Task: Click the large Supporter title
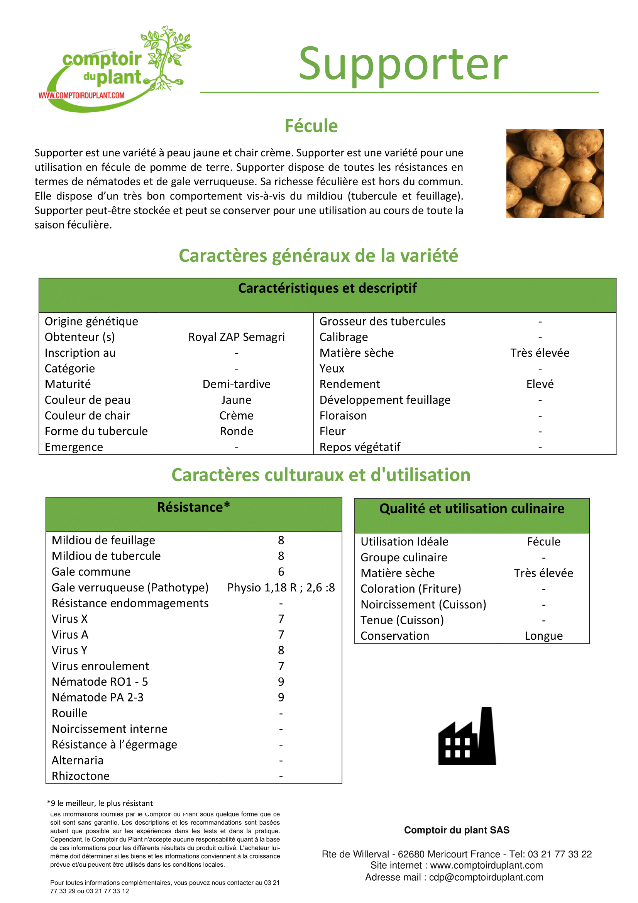click(x=403, y=64)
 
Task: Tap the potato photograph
click(x=555, y=173)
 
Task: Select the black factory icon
click(x=467, y=736)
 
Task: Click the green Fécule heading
click(x=311, y=126)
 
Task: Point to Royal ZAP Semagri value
click(x=236, y=337)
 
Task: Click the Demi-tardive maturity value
click(x=236, y=384)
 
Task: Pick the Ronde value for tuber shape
click(x=236, y=432)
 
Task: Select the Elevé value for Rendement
click(x=540, y=384)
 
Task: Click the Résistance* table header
click(x=193, y=508)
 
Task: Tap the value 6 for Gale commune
click(x=281, y=572)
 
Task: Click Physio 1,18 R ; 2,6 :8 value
click(x=281, y=588)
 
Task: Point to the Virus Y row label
click(x=69, y=651)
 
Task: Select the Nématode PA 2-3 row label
click(x=98, y=697)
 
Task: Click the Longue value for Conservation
click(x=544, y=636)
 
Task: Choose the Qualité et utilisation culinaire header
click(x=471, y=509)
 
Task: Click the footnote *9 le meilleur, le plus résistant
click(x=100, y=803)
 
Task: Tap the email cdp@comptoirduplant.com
click(x=486, y=878)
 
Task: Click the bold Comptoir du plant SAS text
click(x=456, y=830)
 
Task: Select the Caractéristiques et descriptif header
click(x=327, y=288)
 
